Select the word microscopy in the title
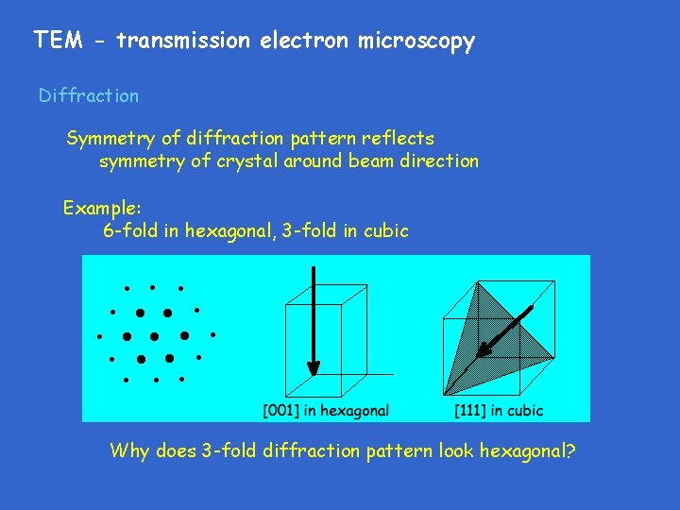[416, 42]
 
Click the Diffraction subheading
[88, 95]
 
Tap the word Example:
[102, 207]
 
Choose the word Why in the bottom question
[129, 450]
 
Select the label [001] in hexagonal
[326, 410]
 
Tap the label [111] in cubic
[499, 410]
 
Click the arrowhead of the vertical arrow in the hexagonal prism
[314, 367]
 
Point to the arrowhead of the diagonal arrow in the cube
[484, 350]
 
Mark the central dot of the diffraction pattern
[154, 335]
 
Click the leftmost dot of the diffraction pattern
[99, 335]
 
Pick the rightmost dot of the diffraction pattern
[213, 334]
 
